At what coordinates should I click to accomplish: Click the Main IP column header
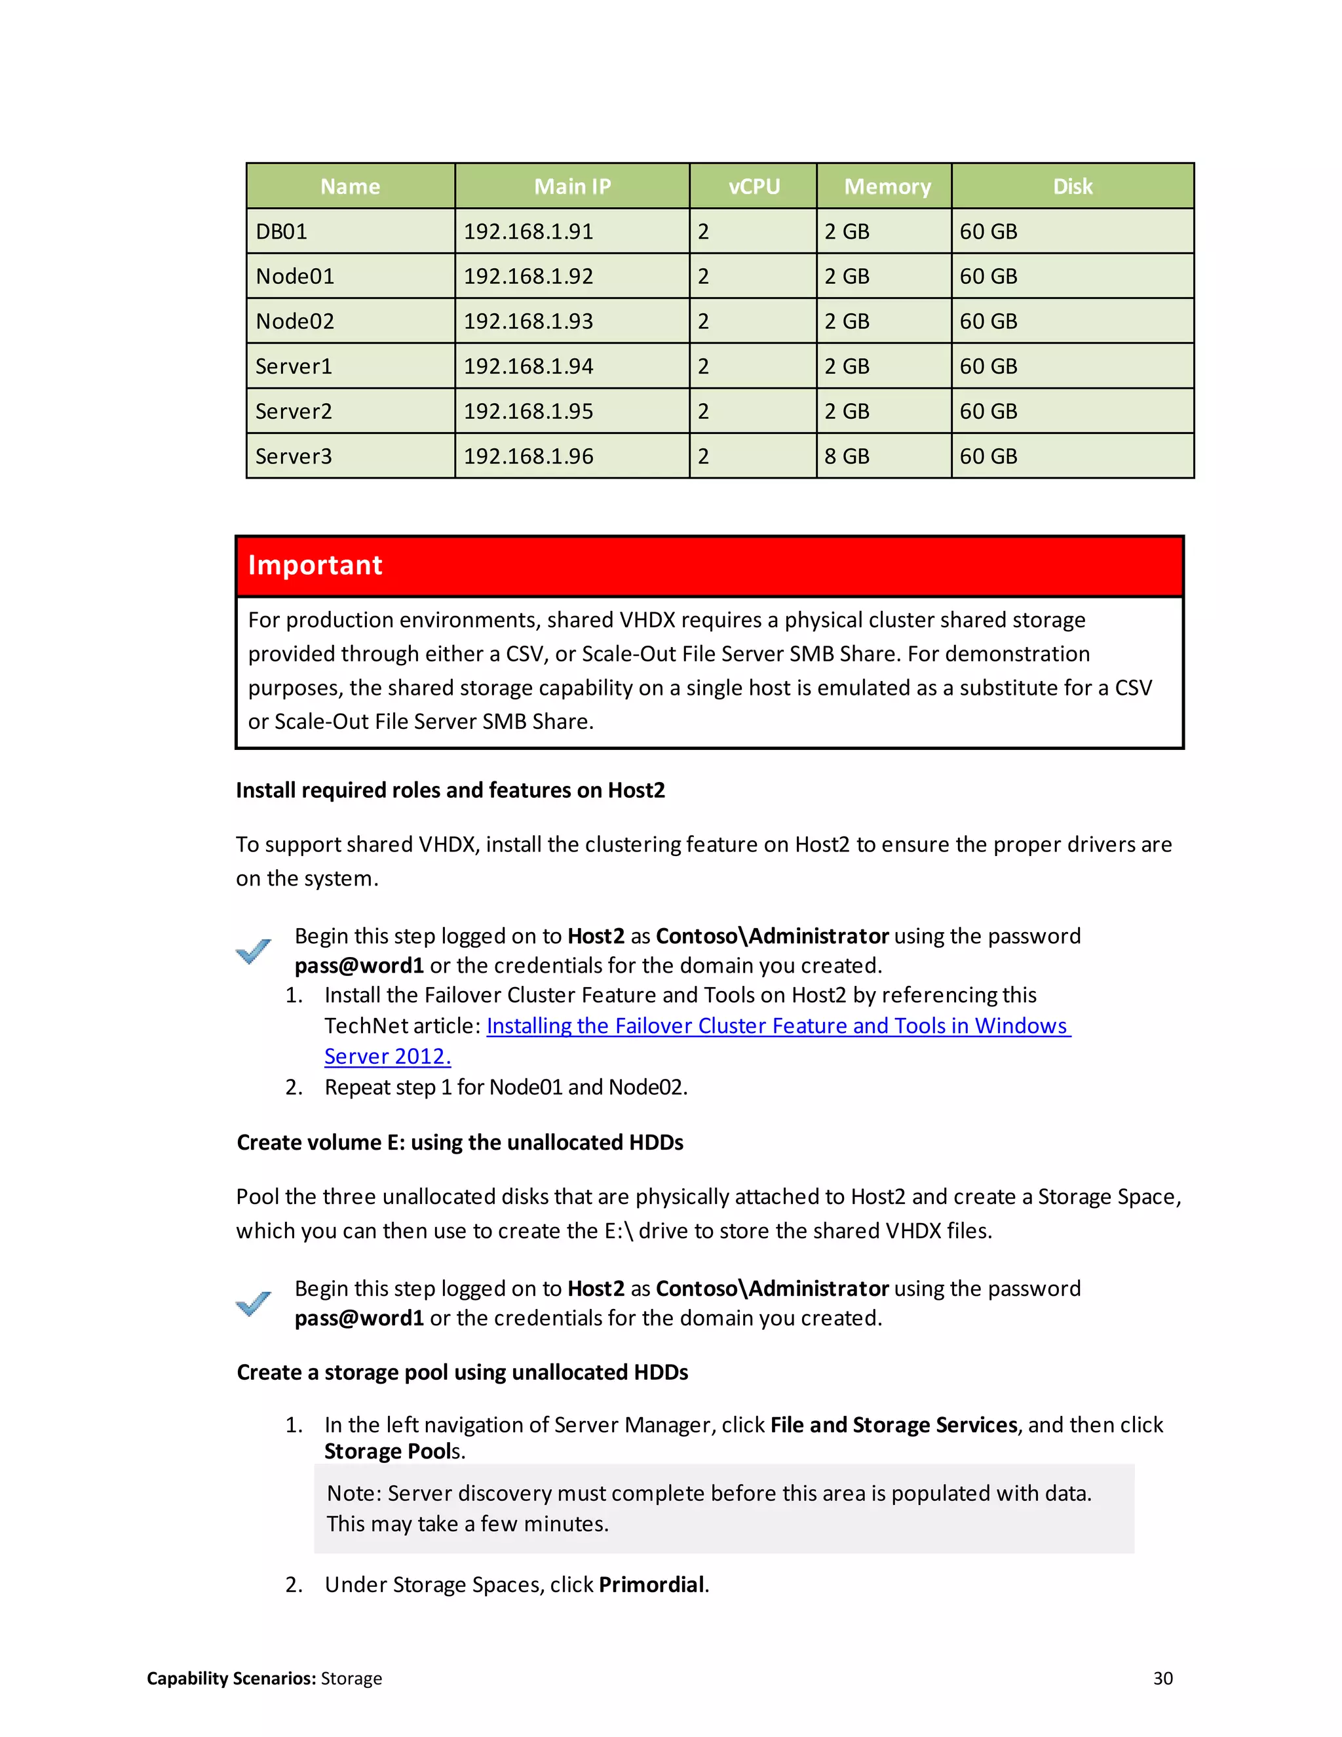tap(571, 186)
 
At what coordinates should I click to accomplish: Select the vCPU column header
tap(754, 186)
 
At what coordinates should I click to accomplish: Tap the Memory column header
tap(887, 186)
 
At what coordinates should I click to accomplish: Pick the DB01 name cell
tap(281, 231)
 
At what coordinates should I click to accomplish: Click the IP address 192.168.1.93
tap(528, 321)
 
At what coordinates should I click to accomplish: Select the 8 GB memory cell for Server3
tap(847, 456)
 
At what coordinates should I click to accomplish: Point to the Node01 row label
tap(295, 276)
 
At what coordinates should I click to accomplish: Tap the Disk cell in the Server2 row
tap(988, 411)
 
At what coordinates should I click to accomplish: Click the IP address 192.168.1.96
tap(528, 456)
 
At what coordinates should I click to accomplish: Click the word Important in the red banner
tap(315, 564)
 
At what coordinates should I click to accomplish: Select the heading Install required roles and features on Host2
tap(450, 790)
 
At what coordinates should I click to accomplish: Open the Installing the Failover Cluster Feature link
tap(778, 1026)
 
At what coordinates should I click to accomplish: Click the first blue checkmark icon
tap(254, 950)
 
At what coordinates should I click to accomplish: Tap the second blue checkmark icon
tap(254, 1303)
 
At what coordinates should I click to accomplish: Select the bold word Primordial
tap(651, 1584)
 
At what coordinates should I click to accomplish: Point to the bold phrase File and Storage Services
tap(894, 1424)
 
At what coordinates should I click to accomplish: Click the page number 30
tap(1162, 1678)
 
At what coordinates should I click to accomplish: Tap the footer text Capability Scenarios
tap(231, 1678)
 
